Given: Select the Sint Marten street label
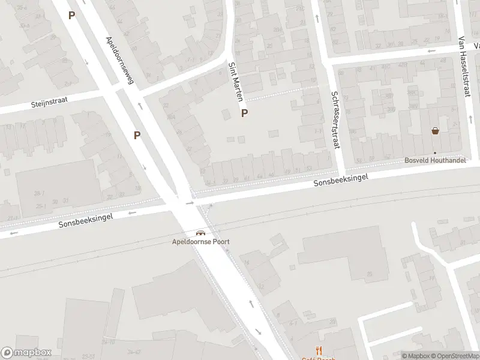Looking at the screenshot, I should pyautogui.click(x=236, y=81).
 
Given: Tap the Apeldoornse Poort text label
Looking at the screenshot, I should pyautogui.click(x=200, y=242).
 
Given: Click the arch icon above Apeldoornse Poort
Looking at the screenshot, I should pyautogui.click(x=200, y=233).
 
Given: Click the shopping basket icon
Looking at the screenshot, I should pyautogui.click(x=435, y=131).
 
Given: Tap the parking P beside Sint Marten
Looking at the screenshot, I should pyautogui.click(x=244, y=113).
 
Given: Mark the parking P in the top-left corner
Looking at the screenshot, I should pyautogui.click(x=72, y=16).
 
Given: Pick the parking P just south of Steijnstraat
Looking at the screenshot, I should pyautogui.click(x=137, y=136).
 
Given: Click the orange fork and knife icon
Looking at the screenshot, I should pyautogui.click(x=319, y=352).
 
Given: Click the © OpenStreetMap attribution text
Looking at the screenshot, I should pyautogui.click(x=454, y=356).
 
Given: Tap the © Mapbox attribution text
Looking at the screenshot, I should pyautogui.click(x=416, y=356).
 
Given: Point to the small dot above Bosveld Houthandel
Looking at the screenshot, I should pyautogui.click(x=436, y=152).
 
